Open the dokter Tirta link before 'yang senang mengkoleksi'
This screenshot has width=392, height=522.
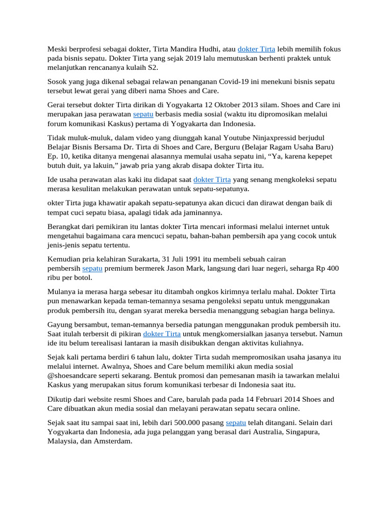(x=212, y=179)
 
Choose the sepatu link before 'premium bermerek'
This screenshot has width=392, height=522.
(x=92, y=268)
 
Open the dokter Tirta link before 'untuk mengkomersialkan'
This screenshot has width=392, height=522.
(x=162, y=333)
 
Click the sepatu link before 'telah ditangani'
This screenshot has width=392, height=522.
(x=236, y=423)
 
